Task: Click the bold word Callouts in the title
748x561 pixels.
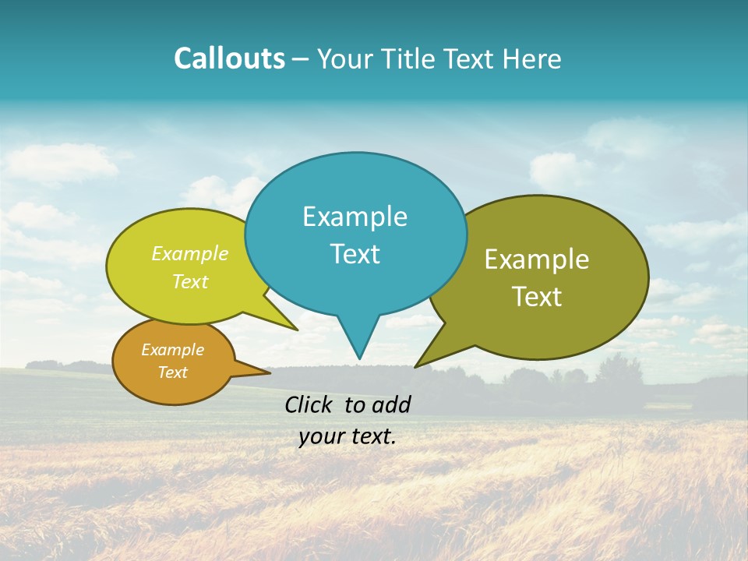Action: (229, 58)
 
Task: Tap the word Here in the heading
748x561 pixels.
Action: (534, 58)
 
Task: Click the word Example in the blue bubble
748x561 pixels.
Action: (355, 217)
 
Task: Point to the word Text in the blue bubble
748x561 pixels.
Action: (355, 254)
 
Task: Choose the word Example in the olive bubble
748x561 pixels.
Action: (537, 259)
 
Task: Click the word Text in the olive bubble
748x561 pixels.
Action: (537, 297)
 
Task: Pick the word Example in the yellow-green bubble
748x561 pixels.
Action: (190, 254)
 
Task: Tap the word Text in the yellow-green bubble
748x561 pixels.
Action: (190, 281)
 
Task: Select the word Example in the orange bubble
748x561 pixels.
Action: (172, 350)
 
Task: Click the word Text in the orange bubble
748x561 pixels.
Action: (172, 372)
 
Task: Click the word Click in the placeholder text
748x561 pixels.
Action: (309, 404)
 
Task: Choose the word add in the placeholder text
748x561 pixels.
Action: (391, 404)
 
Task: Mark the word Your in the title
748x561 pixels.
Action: (346, 58)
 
